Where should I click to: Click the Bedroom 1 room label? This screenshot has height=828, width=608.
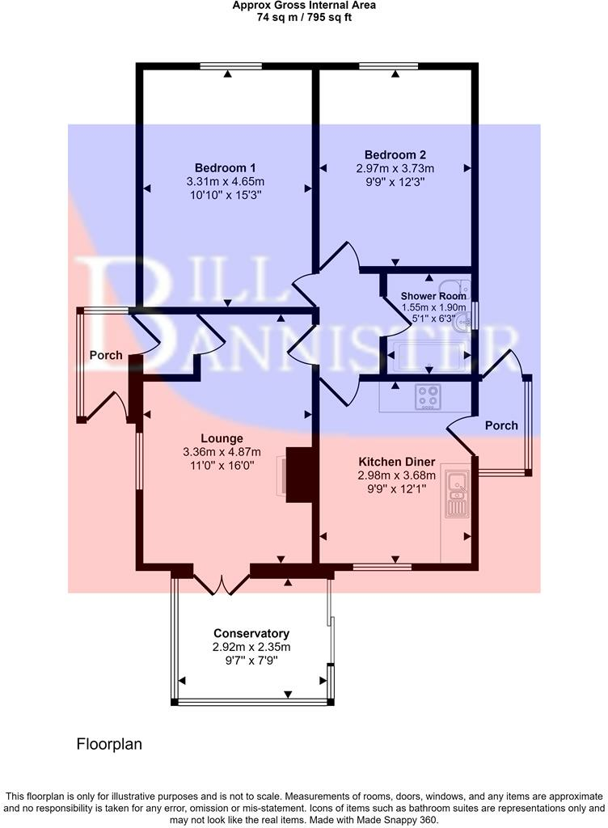coord(226,167)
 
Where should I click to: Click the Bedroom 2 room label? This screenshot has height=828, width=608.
coord(395,154)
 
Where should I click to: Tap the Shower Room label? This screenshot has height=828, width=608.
coord(434,296)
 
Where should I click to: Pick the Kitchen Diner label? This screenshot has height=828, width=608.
coord(397,463)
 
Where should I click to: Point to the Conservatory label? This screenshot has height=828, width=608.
coord(251,633)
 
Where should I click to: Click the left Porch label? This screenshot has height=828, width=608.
coord(106,355)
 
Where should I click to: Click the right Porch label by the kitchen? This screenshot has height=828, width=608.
coord(501,425)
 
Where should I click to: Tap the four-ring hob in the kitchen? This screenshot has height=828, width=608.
coord(429,396)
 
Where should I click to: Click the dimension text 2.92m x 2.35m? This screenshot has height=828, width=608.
coord(251,647)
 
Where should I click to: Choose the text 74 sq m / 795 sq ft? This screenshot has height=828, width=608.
coord(304,17)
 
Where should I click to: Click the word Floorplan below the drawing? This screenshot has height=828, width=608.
coord(109,742)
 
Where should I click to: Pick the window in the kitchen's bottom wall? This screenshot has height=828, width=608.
coord(382,567)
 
